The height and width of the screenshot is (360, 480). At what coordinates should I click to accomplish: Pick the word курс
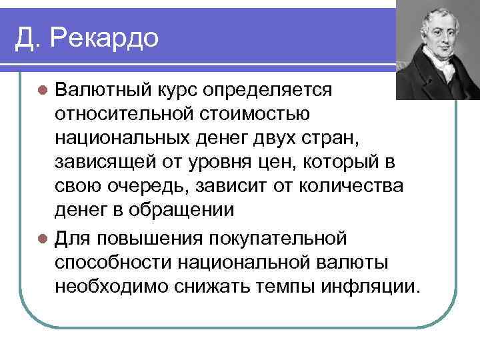[x=182, y=89]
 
